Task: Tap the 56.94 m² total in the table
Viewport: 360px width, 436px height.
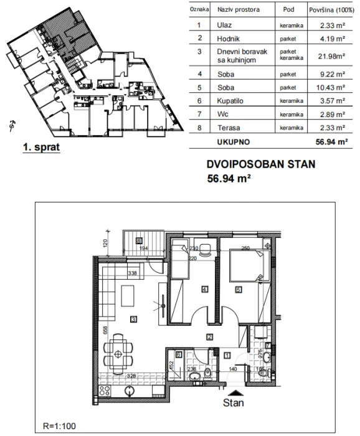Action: [326, 141]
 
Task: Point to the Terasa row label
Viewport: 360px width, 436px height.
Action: [227, 127]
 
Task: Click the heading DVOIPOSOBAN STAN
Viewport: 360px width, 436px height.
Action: [260, 166]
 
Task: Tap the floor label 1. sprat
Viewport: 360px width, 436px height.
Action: [40, 149]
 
